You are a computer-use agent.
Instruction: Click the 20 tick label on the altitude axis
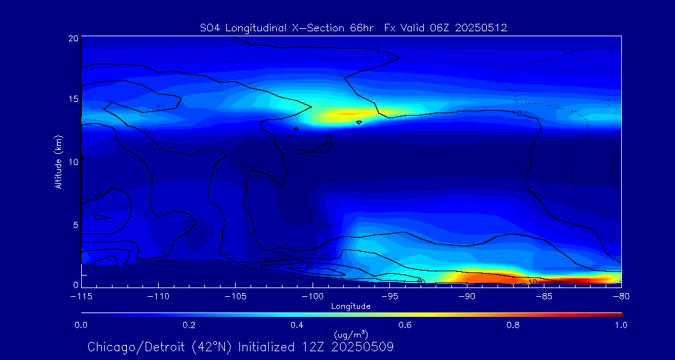[x=72, y=38]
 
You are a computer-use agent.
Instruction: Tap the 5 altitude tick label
[x=75, y=224]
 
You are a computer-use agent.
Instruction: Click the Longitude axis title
[x=351, y=306]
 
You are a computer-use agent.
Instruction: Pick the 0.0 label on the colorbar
[x=81, y=325]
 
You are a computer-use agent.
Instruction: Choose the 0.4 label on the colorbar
[x=297, y=325]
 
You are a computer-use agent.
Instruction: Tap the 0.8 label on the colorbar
[x=513, y=325]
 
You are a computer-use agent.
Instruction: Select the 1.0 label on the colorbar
[x=621, y=325]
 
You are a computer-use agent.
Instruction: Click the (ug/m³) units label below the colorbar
[x=351, y=335]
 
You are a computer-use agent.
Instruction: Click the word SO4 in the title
[x=210, y=27]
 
